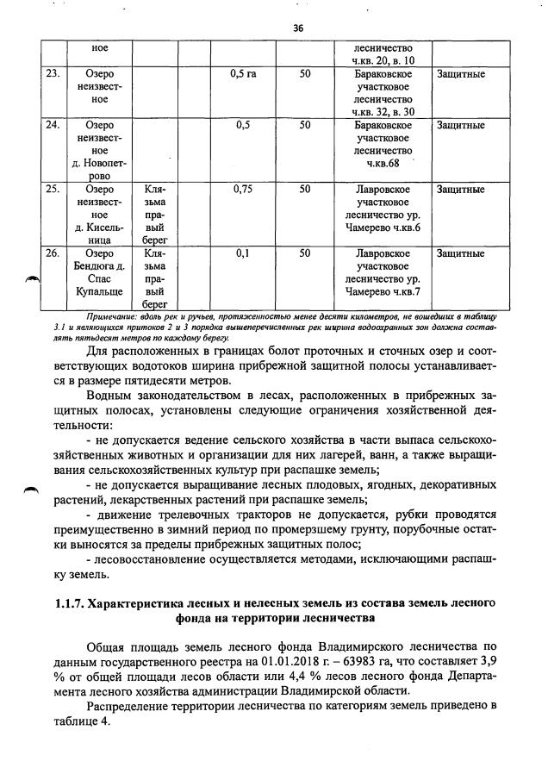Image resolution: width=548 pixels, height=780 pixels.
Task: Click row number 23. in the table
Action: pos(53,74)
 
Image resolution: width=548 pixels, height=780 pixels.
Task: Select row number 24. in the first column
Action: pos(53,126)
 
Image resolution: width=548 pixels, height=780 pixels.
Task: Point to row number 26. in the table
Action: pos(53,254)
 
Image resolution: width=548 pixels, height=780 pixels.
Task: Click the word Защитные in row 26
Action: pos(460,254)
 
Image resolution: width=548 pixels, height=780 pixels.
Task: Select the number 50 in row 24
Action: pos(305,126)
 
